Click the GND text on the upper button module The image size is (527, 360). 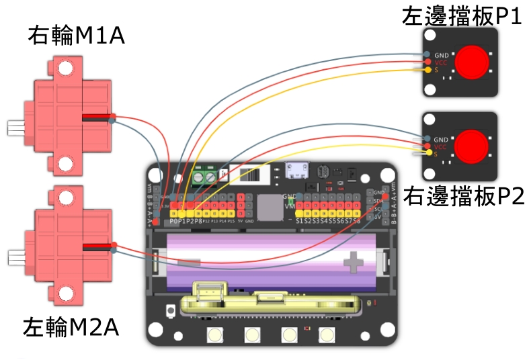click(441, 54)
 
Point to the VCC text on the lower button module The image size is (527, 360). click(441, 146)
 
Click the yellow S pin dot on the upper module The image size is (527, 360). click(427, 69)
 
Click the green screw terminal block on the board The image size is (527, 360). click(206, 176)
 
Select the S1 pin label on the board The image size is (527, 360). click(300, 220)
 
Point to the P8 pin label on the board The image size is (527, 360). click(199, 220)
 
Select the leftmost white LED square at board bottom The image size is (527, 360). click(215, 334)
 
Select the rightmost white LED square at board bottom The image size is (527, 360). click(327, 334)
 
